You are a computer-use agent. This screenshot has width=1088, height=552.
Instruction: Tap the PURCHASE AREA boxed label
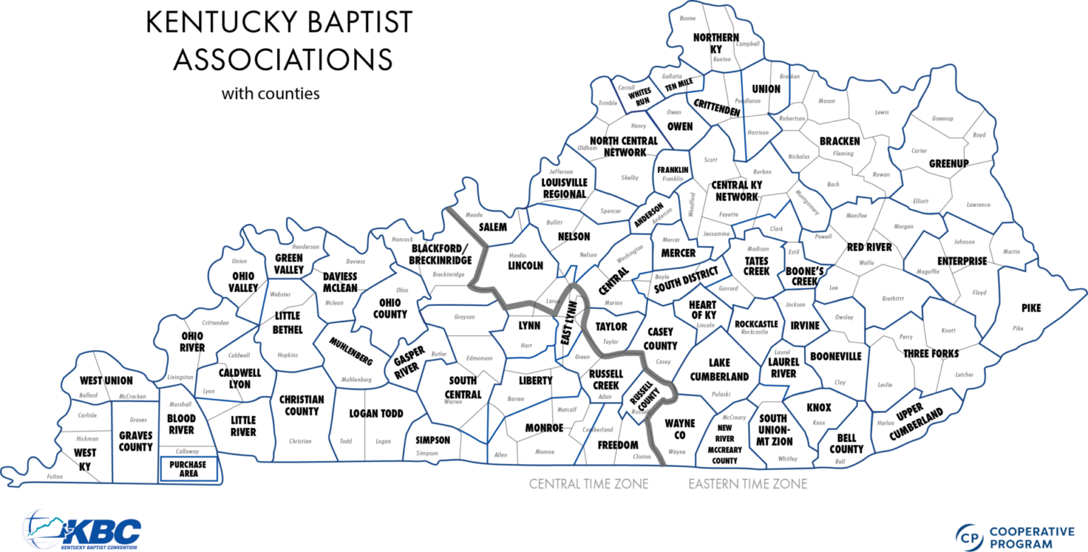point(188,468)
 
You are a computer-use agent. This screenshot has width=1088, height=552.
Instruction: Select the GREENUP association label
point(948,164)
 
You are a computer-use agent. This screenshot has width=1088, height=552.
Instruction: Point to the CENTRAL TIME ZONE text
point(589,485)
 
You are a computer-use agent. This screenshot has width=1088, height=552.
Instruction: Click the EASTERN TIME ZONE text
point(748,485)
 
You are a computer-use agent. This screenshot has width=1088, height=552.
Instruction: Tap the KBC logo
point(83,529)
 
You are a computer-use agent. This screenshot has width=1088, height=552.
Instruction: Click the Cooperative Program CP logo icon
point(969,537)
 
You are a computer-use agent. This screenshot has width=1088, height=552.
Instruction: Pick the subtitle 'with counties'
point(270,93)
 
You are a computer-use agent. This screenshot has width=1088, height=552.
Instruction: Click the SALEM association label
point(494,227)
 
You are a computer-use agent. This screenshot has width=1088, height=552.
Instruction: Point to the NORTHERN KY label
point(716,43)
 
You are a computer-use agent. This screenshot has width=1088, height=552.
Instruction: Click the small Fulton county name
point(55,476)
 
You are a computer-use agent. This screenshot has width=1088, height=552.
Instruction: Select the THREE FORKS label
point(930,353)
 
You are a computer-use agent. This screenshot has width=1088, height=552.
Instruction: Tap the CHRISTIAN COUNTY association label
point(301,405)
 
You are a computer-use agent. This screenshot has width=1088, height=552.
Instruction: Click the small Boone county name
point(687,18)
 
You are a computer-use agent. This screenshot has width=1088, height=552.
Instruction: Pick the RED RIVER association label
point(869,247)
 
